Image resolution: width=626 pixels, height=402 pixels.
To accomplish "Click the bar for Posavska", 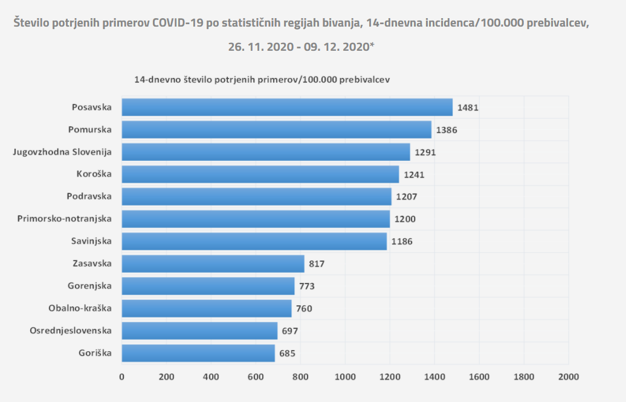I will coord(287,107).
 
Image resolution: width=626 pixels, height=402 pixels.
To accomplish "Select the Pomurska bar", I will coord(277,129).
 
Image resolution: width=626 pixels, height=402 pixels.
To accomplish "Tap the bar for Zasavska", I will coord(213,264).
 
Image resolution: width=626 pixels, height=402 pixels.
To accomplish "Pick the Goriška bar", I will coord(198,353).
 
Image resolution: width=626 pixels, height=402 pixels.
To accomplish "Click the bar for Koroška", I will coord(260,174).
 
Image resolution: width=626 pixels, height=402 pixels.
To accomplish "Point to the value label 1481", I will coord(468,108).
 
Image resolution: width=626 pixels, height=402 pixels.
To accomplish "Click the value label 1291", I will coord(425,152).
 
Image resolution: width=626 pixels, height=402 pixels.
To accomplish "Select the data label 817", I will coord(317,264).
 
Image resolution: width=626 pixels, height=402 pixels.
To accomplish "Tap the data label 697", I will coord(290,331).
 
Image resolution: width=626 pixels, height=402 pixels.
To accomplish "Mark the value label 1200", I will coord(405,219).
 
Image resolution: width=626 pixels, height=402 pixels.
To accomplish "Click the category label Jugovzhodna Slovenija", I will coord(63,152).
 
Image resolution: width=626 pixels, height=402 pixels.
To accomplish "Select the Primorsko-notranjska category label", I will coord(65,219).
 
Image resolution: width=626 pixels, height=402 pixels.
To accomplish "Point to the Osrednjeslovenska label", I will coord(71,331).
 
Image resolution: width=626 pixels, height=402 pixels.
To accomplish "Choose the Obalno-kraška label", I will coord(80,308).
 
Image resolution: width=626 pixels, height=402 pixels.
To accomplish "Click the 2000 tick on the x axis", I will coord(568,377).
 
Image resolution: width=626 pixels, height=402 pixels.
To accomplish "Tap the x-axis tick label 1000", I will coord(345,377).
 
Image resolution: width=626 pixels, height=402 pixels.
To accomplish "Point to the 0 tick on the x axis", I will coord(122,377).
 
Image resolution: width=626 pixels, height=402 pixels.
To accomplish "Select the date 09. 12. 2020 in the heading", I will coord(337,47).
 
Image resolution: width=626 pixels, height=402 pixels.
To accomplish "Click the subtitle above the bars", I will coord(262,79).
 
